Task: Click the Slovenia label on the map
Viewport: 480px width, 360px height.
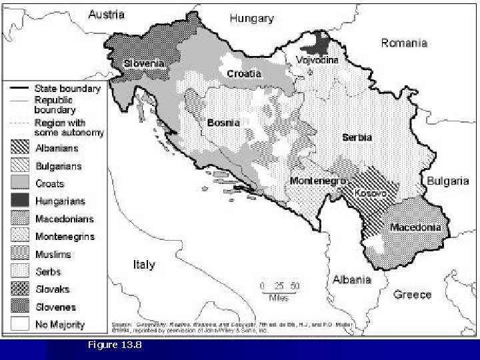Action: [x=143, y=63]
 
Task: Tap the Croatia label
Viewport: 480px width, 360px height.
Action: [x=244, y=73]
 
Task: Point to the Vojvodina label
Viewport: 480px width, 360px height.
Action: [x=317, y=60]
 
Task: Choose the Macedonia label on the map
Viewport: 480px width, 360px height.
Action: [x=415, y=227]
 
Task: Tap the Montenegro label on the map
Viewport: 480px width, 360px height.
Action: [x=317, y=181]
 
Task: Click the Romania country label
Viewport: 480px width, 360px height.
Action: [x=404, y=43]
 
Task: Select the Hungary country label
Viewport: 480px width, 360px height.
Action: [x=251, y=19]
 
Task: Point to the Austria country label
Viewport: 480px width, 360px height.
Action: [x=107, y=15]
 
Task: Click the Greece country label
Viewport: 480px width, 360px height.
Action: [x=412, y=294]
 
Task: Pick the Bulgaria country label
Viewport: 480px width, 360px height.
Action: [x=447, y=181]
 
